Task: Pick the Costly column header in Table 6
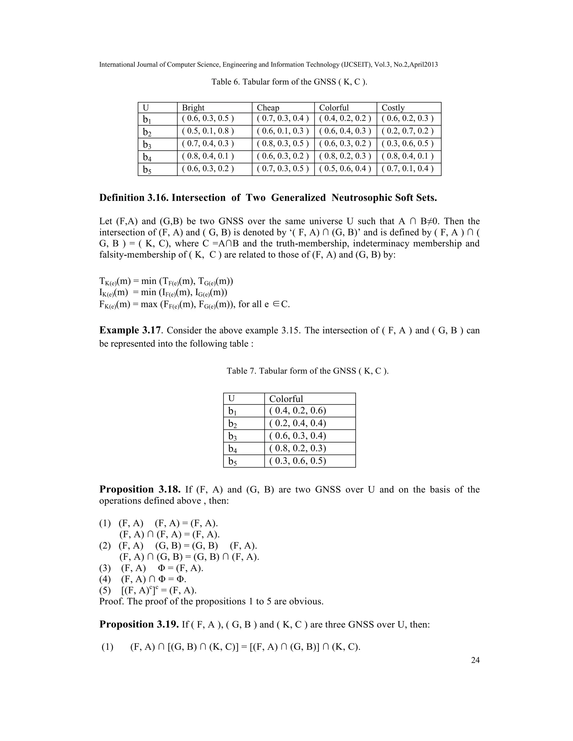click(393, 108)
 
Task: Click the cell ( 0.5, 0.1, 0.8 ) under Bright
click(208, 131)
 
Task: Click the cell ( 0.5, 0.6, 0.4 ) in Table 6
click(345, 169)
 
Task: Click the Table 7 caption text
click(307, 371)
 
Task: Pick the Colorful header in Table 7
click(286, 399)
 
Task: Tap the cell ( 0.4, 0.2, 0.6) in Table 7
click(297, 410)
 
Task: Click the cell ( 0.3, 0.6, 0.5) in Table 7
click(297, 461)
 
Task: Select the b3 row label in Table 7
click(233, 436)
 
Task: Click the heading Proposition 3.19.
click(139, 624)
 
